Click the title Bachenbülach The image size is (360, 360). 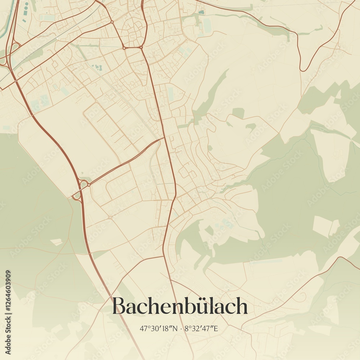point(180,306)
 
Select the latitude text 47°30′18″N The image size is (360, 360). point(159,328)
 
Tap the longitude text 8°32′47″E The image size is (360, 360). point(202,328)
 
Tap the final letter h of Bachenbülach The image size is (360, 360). point(242,306)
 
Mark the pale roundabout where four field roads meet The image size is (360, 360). point(110,217)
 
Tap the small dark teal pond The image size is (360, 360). point(201,12)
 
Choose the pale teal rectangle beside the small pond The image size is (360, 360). point(207,24)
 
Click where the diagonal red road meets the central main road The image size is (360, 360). point(164,138)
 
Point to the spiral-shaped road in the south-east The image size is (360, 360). point(303,296)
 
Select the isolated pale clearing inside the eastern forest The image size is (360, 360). point(325,226)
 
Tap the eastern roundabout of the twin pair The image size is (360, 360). point(141,47)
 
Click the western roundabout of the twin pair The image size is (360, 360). point(124,48)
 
